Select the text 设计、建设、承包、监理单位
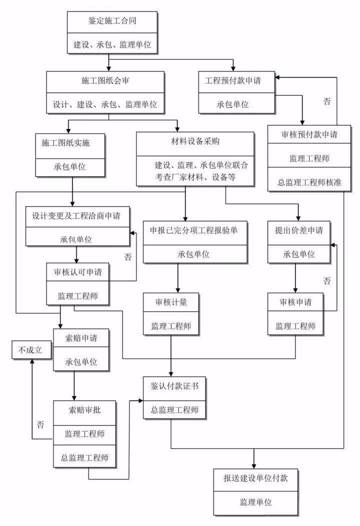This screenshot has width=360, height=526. click(x=105, y=105)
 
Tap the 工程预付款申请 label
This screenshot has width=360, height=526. click(x=236, y=80)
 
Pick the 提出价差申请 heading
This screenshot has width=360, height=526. click(x=298, y=230)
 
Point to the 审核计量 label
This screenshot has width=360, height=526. click(x=171, y=302)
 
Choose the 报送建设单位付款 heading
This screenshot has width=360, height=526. click(x=255, y=477)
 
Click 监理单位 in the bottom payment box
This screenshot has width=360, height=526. click(x=255, y=501)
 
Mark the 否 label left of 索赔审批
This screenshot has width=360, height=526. click(x=40, y=425)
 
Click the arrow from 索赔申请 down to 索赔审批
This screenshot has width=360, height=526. click(x=74, y=385)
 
